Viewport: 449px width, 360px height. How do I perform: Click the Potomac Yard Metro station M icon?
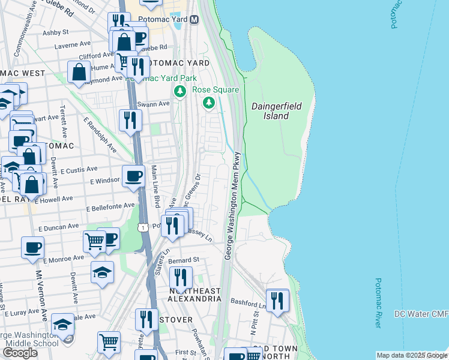click(x=194, y=20)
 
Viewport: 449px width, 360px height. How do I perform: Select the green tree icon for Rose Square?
click(x=209, y=103)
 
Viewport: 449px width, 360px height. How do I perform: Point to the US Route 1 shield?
click(x=142, y=227)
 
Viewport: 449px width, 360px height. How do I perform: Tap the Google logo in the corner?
click(x=20, y=353)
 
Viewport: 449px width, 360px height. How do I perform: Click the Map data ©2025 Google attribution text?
click(x=411, y=355)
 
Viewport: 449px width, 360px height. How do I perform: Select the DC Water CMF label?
click(x=421, y=314)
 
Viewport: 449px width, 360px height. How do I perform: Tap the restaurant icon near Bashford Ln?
click(x=277, y=300)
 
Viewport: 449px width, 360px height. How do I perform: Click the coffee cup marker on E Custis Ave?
click(x=133, y=176)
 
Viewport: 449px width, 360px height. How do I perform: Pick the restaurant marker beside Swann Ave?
click(x=130, y=121)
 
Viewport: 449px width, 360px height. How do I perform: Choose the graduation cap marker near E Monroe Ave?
click(x=103, y=272)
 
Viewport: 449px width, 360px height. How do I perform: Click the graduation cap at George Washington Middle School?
click(x=62, y=325)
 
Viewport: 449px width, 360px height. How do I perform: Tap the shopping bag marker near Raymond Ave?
click(x=79, y=72)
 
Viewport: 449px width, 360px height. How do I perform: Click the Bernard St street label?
click(x=183, y=261)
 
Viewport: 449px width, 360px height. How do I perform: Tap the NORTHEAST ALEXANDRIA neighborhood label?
click(x=185, y=295)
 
